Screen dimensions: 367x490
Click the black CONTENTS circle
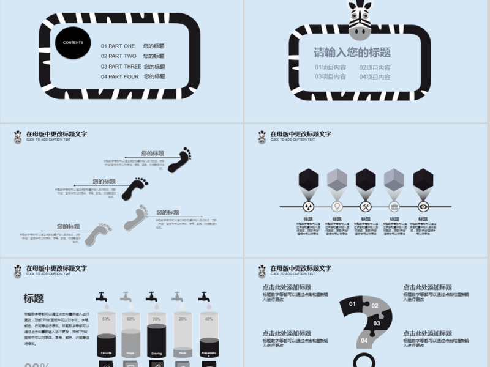coord(73,43)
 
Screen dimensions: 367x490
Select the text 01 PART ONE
coord(118,46)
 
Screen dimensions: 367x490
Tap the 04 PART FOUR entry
coord(120,76)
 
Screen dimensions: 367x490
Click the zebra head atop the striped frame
coord(360,17)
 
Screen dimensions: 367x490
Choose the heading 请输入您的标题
coord(352,53)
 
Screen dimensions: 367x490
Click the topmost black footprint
coord(180,159)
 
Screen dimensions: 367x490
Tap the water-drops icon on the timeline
coord(309,206)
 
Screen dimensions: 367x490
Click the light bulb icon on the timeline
coord(337,206)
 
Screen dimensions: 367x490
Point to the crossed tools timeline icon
coord(366,206)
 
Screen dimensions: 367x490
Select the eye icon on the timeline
coord(423,206)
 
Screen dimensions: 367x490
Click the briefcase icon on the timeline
coord(394,206)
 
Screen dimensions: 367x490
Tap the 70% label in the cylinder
coord(157,319)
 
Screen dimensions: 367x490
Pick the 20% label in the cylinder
coord(183,319)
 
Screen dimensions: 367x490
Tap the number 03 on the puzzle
coord(377,323)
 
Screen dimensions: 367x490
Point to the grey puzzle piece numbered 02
coord(375,305)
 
